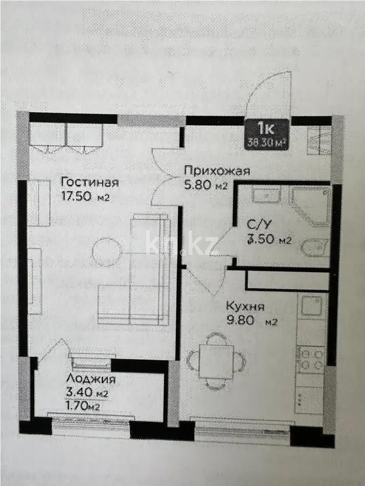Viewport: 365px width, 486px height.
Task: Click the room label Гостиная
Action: (89, 181)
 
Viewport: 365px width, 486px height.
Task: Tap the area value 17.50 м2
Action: (85, 197)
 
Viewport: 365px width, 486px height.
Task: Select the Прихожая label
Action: (216, 171)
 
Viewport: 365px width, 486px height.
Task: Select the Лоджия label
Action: (91, 379)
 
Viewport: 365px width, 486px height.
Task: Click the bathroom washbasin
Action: (266, 195)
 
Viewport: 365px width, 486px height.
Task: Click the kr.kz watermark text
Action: (181, 244)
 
